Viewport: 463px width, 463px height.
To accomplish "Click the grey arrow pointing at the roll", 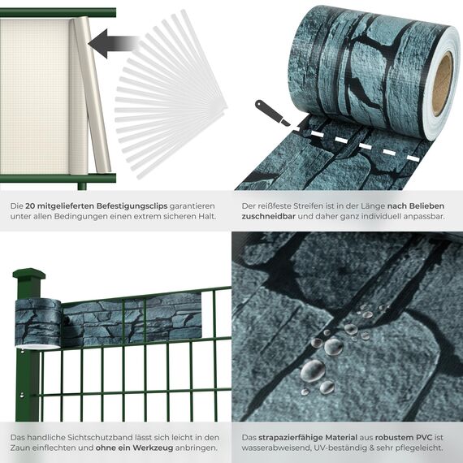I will click(109, 41).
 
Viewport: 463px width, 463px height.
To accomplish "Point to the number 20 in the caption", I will click(31, 206).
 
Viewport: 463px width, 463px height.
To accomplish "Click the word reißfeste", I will click(276, 206).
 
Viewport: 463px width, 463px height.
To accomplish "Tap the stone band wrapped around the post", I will click(38, 322).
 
